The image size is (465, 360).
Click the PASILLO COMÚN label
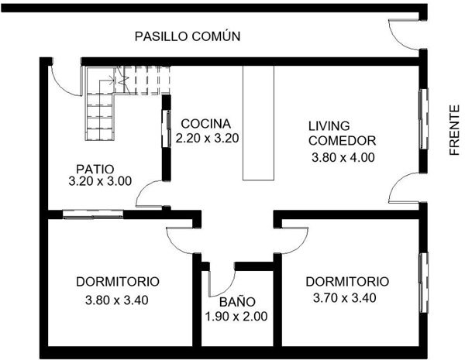(188, 36)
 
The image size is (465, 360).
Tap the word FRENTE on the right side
(454, 130)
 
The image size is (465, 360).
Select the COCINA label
(206, 124)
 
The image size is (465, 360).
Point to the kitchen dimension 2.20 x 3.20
(207, 138)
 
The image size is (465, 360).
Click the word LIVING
(329, 126)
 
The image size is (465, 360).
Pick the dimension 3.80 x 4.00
(343, 157)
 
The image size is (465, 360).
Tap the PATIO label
(95, 170)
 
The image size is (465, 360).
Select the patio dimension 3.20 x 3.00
(100, 181)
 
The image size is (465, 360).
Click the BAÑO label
(237, 301)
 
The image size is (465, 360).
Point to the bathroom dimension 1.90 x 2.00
(236, 317)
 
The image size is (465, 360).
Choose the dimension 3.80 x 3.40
(117, 300)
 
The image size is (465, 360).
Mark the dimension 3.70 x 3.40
(345, 297)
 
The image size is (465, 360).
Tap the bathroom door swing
(222, 279)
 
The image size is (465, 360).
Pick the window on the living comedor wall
(423, 118)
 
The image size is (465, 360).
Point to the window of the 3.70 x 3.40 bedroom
(423, 283)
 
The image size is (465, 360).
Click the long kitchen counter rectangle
(258, 123)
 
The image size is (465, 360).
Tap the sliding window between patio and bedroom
(93, 214)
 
